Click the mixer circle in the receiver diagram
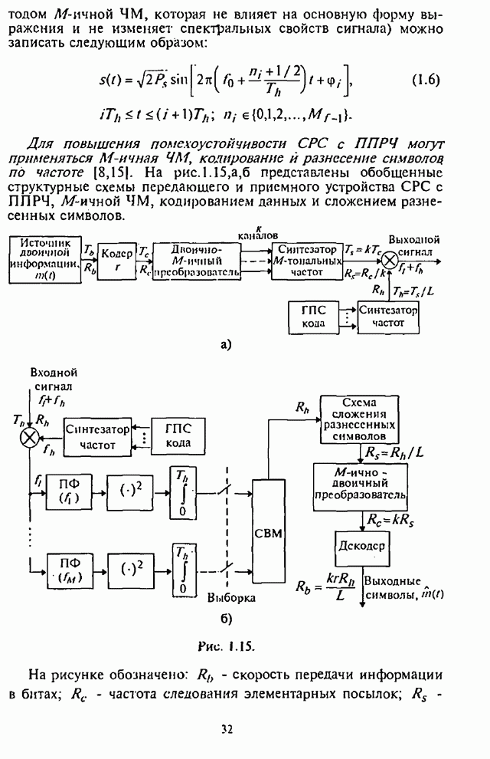click(x=28, y=436)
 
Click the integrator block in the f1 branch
click(x=182, y=492)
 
